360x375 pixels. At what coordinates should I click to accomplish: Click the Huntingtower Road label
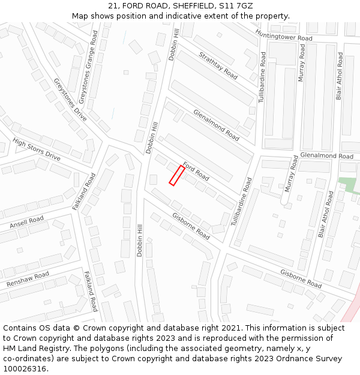coord(284,35)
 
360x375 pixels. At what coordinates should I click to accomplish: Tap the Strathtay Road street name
coord(218,66)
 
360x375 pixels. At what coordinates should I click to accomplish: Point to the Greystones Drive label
coord(70,100)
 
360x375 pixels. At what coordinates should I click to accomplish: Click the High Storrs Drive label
coord(37,149)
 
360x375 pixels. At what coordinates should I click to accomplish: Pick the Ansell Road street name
coord(27,223)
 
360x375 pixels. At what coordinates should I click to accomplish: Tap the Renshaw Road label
coord(28,279)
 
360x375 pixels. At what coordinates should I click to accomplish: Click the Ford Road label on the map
coord(196,171)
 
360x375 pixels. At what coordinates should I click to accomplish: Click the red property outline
coord(176,175)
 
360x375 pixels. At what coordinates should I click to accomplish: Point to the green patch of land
coord(347,184)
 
